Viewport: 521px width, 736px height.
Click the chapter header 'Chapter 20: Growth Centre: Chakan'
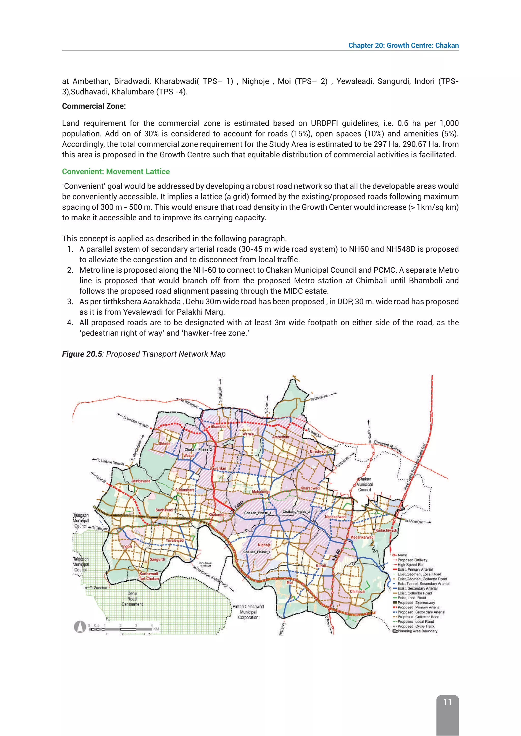pos(403,45)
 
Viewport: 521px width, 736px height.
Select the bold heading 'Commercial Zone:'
pos(94,106)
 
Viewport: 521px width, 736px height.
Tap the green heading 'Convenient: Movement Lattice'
pos(116,172)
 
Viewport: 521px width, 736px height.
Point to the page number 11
pos(447,702)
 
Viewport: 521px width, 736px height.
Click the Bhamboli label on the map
pos(219,426)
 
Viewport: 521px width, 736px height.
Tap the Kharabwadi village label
pos(310,488)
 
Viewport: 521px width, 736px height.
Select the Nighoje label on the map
pos(264,545)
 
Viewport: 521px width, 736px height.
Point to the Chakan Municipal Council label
pos(365,484)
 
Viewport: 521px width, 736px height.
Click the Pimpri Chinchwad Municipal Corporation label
pos(248,612)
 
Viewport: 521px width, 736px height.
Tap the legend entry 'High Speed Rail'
pos(411,564)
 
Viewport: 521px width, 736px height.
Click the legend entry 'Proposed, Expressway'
pos(416,602)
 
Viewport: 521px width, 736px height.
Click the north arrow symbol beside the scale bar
pos(80,627)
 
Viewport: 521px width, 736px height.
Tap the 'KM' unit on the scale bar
pos(156,629)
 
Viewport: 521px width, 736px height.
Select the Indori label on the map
pos(127,546)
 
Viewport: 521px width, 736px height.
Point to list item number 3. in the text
pos(70,302)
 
